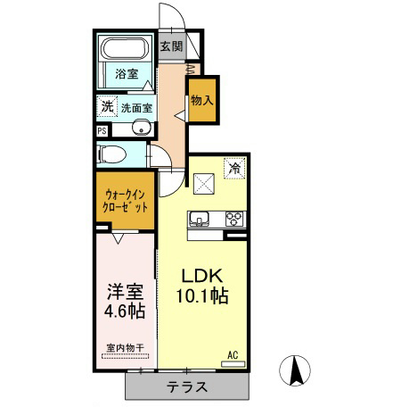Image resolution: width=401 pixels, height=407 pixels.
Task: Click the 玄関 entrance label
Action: tap(172, 47)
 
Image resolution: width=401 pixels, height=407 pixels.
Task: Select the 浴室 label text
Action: tap(126, 75)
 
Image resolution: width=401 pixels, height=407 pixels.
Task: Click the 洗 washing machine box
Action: tap(106, 106)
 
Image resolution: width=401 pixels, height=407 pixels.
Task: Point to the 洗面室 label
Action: tap(136, 107)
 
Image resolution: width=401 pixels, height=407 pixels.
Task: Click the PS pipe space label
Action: tap(103, 129)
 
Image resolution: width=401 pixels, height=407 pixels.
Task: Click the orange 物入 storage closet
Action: tap(201, 99)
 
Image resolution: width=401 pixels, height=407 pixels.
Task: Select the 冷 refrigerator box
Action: tap(234, 167)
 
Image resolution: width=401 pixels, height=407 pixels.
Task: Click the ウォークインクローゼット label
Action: tap(125, 201)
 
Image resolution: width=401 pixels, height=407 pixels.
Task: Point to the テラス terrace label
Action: tap(187, 387)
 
